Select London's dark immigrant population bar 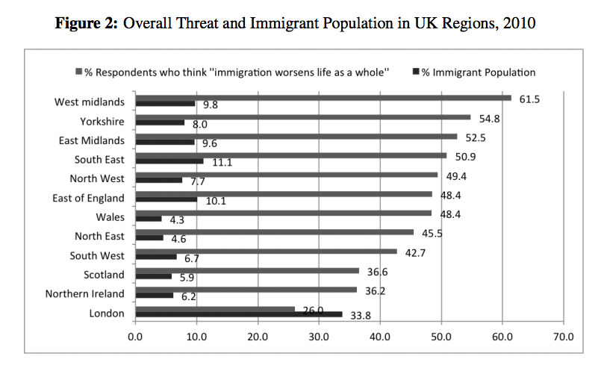tap(238, 314)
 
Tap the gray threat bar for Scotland tap(246, 270)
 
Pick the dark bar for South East tap(169, 160)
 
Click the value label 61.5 tap(529, 99)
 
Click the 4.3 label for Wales tap(177, 221)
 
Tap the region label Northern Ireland tap(85, 293)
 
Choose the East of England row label tap(89, 198)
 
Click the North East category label tap(100, 236)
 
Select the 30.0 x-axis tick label tap(319, 337)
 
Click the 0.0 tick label tap(135, 337)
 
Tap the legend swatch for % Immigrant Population tap(416, 72)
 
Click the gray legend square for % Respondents tap(78, 72)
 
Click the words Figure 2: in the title tap(87, 23)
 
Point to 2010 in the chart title tap(520, 23)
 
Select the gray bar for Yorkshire tap(302, 117)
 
